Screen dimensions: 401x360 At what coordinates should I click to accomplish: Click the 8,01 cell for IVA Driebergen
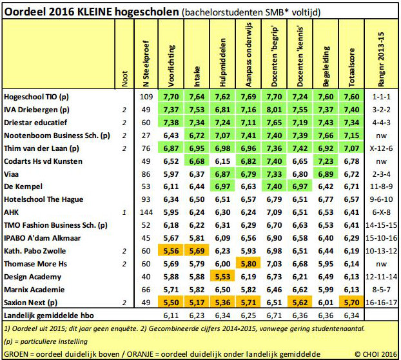[x=274, y=110]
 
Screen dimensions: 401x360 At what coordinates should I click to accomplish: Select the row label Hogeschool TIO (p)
[x=36, y=97]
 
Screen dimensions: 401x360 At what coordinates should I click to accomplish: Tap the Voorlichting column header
[x=171, y=66]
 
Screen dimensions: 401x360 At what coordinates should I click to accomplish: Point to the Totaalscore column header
[x=351, y=67]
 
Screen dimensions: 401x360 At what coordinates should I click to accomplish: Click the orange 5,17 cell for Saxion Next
[x=197, y=303]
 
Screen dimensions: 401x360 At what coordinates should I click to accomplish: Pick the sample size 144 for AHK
[x=146, y=212]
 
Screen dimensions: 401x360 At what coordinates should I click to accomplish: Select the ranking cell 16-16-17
[x=381, y=303]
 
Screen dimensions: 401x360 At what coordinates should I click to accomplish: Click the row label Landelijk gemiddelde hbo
[x=49, y=315]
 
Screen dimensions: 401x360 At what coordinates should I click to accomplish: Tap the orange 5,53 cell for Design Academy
[x=222, y=277]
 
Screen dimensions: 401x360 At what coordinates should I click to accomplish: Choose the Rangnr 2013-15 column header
[x=381, y=59]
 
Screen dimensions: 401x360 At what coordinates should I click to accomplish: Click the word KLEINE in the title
[x=94, y=12]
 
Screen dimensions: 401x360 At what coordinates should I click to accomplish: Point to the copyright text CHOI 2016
[x=375, y=354]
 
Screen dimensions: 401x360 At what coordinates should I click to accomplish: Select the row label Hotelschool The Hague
[x=43, y=199]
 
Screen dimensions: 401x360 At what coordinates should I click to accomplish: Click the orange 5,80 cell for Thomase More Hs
[x=248, y=264]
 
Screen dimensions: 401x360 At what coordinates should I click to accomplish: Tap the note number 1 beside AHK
[x=124, y=212]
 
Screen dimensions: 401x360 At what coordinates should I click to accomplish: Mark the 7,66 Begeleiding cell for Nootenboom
[x=326, y=135]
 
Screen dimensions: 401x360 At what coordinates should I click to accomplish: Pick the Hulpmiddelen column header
[x=222, y=63]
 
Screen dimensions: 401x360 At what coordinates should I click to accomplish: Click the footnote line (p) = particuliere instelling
[x=46, y=341]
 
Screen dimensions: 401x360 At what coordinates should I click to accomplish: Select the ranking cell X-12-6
[x=381, y=148]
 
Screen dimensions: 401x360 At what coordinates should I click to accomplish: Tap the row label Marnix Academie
[x=34, y=290]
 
